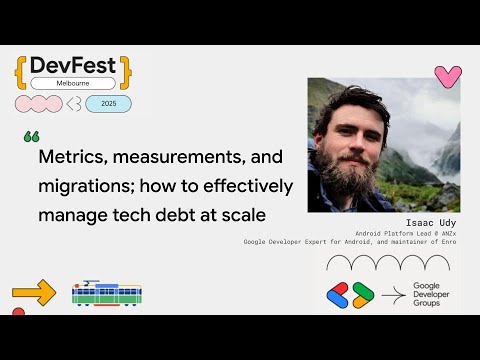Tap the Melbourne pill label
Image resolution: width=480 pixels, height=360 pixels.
[73, 83]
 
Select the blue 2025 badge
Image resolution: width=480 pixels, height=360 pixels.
[108, 103]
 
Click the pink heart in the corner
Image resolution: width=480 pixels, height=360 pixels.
[447, 77]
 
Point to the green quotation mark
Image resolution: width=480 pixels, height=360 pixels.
[30, 136]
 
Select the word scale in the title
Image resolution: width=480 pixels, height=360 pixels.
[266, 214]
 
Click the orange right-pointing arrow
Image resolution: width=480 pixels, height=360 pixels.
[34, 294]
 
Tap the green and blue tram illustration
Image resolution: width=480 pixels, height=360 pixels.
[106, 294]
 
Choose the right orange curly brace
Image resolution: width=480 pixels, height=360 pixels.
[126, 68]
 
